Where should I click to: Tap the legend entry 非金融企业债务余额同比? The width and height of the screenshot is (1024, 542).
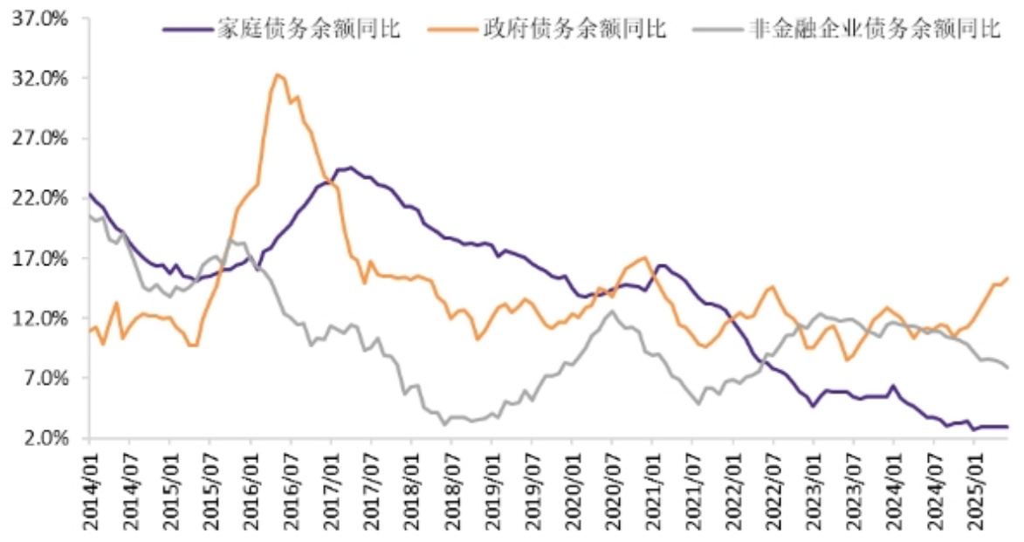pos(874,29)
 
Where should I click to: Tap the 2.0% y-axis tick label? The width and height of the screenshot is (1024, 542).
pos(45,438)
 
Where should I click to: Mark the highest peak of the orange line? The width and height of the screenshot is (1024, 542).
pos(278,74)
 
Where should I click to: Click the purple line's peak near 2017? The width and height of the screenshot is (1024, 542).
pos(349,167)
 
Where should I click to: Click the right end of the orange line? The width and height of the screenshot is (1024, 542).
pos(1007,278)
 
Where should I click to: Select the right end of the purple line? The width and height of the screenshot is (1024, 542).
pos(1007,427)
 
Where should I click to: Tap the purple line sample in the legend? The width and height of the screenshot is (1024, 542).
pos(186,29)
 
